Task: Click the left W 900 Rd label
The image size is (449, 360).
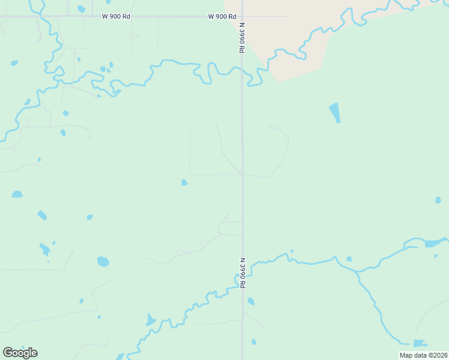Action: pos(116,17)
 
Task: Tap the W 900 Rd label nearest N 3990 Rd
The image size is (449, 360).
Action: pos(221,17)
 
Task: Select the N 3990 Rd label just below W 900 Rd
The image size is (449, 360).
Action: pos(241,38)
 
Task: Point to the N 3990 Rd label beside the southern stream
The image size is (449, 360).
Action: pos(243,273)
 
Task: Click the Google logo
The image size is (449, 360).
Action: pos(20,352)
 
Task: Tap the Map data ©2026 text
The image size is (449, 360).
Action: pos(423,355)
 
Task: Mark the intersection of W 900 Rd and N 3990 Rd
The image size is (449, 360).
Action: pos(242,17)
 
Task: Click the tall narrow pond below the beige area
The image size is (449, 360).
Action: pos(334,112)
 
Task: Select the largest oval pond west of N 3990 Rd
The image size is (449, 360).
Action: pos(103,262)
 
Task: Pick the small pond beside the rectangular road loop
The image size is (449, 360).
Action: pos(184,182)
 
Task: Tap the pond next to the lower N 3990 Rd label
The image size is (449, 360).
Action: pos(251,301)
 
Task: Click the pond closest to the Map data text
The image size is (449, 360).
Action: pos(420,343)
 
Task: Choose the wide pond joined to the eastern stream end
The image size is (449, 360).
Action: pos(433,244)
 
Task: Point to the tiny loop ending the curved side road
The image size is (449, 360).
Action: pos(273,128)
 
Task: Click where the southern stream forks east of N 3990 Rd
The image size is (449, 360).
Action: pos(356,271)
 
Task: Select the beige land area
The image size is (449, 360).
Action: pos(288,36)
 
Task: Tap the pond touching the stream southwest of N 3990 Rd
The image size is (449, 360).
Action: pos(150,319)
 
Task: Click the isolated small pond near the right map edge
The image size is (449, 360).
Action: pos(438,200)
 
